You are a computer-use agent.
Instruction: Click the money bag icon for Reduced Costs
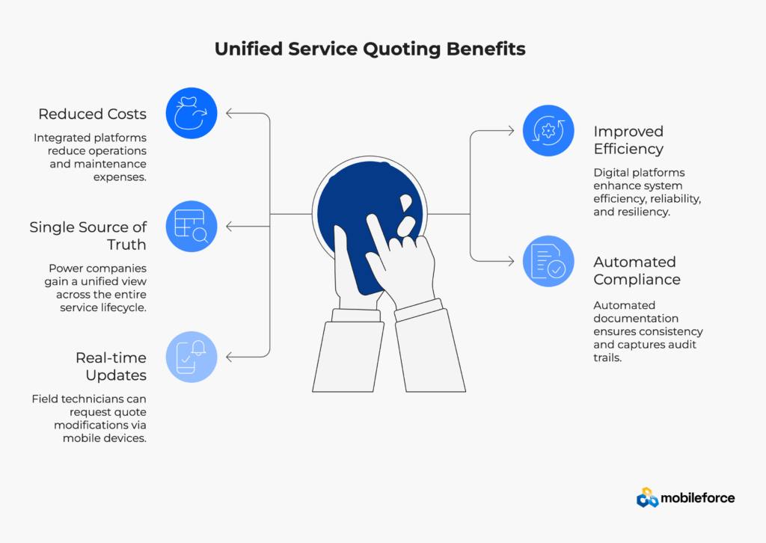click(191, 113)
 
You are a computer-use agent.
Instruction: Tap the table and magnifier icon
click(191, 227)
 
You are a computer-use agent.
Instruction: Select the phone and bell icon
click(191, 357)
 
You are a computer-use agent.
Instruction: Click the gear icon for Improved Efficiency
click(548, 131)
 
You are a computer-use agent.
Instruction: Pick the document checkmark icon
click(548, 261)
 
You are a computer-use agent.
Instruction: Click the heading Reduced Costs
click(92, 114)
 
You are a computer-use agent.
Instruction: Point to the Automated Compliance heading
click(637, 271)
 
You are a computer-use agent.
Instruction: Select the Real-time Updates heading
click(111, 366)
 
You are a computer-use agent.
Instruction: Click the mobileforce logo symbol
click(647, 497)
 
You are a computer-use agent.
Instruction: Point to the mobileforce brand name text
click(698, 498)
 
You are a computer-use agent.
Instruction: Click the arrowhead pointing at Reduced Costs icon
click(230, 113)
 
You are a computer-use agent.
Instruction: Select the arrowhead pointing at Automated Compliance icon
click(510, 261)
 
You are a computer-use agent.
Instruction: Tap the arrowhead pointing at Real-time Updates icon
click(230, 357)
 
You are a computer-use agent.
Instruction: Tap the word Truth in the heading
click(126, 244)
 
